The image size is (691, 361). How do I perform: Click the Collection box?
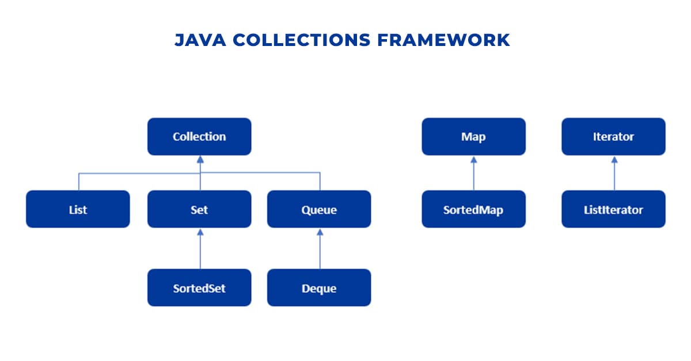coord(199,137)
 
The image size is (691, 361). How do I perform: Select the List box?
coord(78,209)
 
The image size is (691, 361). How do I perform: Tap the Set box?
coord(199,209)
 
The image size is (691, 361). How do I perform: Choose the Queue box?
coord(319,209)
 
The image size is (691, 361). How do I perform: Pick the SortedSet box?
coord(199,287)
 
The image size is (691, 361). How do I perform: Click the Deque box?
coord(319,287)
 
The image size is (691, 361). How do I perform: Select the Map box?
coord(473,137)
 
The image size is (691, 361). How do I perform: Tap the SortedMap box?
coord(473,209)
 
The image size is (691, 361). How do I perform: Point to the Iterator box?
coord(613,137)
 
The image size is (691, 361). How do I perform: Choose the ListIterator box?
coord(613,209)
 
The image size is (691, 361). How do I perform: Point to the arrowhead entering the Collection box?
coord(199,159)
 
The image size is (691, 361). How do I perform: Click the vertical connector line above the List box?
coord(78,182)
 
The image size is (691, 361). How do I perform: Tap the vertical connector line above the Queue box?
coord(320,182)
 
